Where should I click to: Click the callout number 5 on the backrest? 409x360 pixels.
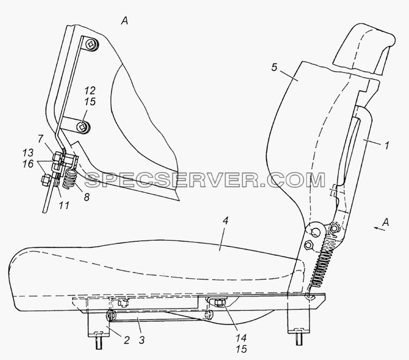274,67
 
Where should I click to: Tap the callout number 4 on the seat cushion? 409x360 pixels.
225,221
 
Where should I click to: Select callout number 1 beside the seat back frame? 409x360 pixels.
387,145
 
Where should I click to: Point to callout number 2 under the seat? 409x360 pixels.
126,340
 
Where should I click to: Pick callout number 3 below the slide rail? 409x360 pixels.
142,340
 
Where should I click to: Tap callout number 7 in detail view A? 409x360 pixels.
40,139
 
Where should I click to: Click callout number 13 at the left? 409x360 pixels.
28,152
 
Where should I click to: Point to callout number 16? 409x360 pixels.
28,164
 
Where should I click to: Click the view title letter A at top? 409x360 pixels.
125,20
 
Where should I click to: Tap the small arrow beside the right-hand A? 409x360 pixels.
379,229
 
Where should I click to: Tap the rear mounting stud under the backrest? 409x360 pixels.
299,340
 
